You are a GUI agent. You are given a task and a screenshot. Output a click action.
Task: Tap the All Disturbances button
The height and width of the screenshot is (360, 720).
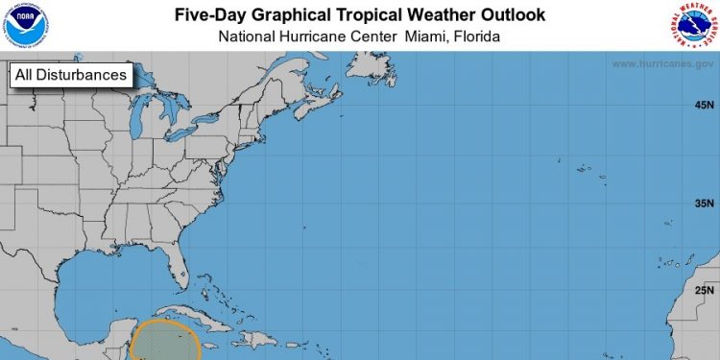click(70, 75)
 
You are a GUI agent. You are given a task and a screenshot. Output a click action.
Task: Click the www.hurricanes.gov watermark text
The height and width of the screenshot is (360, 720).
click(661, 64)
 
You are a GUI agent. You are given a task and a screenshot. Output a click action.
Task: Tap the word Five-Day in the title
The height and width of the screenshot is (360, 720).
click(209, 15)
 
